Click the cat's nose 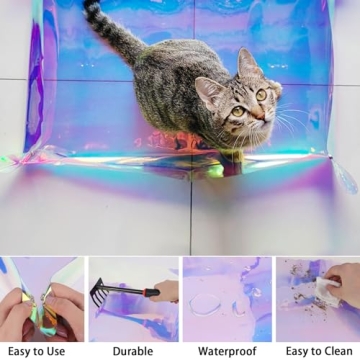point(260,116)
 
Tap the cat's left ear point(248,62)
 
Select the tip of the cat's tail point(88,4)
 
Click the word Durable point(133,351)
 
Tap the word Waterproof point(227,351)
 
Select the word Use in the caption point(54,351)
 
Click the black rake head point(99,292)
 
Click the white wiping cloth point(327,291)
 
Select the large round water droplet point(205,304)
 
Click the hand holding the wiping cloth point(343,279)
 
